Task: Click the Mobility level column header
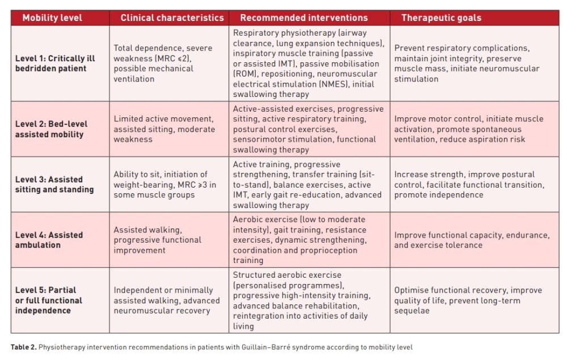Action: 52,18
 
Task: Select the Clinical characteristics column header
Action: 172,18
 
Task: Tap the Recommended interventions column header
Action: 304,18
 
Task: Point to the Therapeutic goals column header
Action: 441,18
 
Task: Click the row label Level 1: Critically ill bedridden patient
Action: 55,63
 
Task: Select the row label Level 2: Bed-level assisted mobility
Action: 52,129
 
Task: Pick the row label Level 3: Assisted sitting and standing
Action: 54,184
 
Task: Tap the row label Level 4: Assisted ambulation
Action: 49,240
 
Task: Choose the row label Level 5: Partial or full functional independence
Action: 48,300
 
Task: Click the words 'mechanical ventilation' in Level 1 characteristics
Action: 153,74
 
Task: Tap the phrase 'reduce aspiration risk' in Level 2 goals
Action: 482,139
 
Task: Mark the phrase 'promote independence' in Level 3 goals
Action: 439,195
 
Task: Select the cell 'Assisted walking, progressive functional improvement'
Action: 157,240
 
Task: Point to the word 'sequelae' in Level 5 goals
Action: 412,311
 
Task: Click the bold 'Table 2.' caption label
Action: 23,347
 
